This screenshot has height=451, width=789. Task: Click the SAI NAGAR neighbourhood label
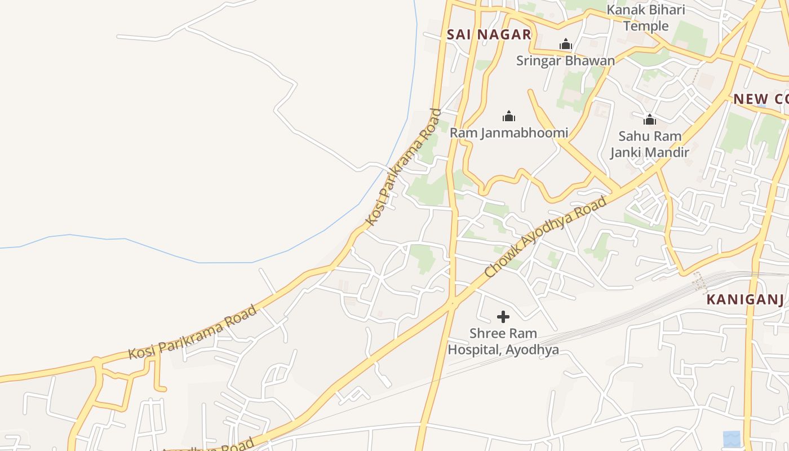pyautogui.click(x=489, y=34)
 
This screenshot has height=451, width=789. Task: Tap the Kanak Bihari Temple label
pyautogui.click(x=646, y=18)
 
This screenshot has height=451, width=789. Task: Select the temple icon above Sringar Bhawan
pyautogui.click(x=565, y=45)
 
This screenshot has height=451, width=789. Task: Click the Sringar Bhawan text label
pyautogui.click(x=565, y=60)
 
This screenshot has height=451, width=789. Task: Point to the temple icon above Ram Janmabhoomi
pyautogui.click(x=509, y=117)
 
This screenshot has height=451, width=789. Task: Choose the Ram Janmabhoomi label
pyautogui.click(x=509, y=133)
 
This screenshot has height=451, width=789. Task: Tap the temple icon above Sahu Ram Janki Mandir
pyautogui.click(x=650, y=120)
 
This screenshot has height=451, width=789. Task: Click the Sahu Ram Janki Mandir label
pyautogui.click(x=650, y=144)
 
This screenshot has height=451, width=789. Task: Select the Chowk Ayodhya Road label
pyautogui.click(x=546, y=237)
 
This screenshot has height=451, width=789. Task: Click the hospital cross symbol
pyautogui.click(x=503, y=317)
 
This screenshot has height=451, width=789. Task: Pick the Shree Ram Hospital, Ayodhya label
pyautogui.click(x=503, y=342)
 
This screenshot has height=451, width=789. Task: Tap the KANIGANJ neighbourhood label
pyautogui.click(x=745, y=299)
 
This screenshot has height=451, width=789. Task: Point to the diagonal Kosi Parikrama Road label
pyautogui.click(x=403, y=167)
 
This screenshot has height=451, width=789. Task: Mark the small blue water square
pyautogui.click(x=732, y=438)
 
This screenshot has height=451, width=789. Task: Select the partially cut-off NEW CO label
pyautogui.click(x=760, y=99)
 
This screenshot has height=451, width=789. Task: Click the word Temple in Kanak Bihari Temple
pyautogui.click(x=646, y=26)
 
